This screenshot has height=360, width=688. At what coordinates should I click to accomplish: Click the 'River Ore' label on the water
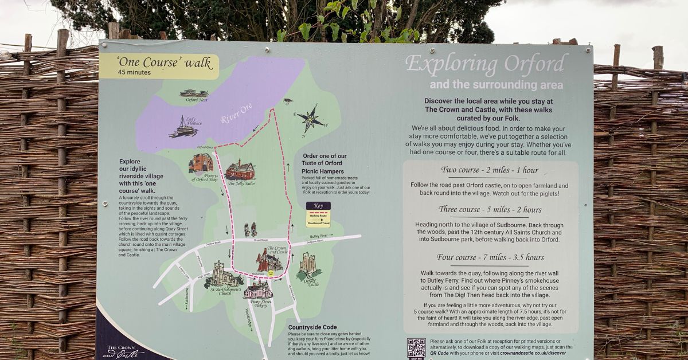[236, 112]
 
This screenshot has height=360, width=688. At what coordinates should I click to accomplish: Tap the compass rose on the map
[310, 119]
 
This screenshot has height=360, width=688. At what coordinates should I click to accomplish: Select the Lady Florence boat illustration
[184, 127]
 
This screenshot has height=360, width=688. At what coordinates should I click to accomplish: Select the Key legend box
[318, 214]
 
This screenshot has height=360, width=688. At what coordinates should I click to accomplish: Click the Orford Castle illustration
[308, 265]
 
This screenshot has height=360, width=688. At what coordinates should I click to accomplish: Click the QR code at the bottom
[416, 348]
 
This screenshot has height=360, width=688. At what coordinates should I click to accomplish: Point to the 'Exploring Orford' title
[486, 64]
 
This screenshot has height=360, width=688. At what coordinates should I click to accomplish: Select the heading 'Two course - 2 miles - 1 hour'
[490, 170]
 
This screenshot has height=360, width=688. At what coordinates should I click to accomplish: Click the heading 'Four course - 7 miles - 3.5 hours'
[490, 257]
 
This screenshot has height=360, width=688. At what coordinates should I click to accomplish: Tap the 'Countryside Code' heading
[312, 327]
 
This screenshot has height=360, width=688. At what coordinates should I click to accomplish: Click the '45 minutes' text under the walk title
[134, 73]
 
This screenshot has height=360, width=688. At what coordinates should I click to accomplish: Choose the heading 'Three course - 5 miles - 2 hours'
[490, 209]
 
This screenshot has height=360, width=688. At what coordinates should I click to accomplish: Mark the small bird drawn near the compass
[288, 101]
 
